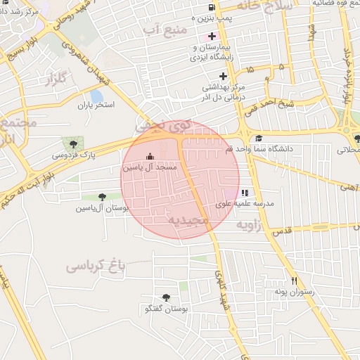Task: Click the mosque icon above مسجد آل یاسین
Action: (148, 157)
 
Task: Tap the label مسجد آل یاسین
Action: (149, 169)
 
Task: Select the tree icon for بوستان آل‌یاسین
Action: (103, 198)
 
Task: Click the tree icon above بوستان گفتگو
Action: (166, 297)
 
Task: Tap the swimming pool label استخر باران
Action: (96, 105)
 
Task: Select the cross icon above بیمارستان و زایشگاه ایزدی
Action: (211, 35)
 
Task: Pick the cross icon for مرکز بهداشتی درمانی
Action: (223, 76)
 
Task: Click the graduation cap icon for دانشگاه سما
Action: (259, 139)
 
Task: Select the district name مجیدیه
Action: (188, 220)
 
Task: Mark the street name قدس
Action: (280, 231)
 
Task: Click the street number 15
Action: (251, 70)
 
